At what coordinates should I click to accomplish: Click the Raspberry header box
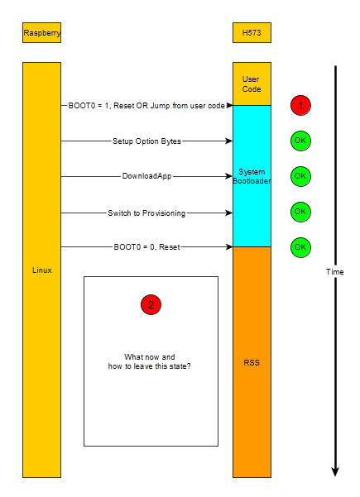click(x=41, y=33)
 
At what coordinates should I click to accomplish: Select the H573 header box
click(x=252, y=33)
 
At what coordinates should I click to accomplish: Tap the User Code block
click(x=252, y=84)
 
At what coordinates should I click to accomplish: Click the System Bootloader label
click(x=252, y=176)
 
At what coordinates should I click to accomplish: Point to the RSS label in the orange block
click(x=252, y=361)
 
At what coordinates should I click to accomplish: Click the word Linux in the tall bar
click(x=41, y=271)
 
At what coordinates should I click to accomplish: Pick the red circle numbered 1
click(x=300, y=106)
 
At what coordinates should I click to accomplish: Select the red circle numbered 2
click(x=151, y=304)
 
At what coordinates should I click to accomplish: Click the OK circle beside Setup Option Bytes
click(x=300, y=141)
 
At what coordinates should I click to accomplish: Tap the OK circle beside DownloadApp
click(x=300, y=176)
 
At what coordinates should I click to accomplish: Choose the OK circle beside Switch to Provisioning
click(x=300, y=212)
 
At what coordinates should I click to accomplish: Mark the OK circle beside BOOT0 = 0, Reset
click(x=300, y=246)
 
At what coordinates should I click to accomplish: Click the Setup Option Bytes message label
click(x=146, y=141)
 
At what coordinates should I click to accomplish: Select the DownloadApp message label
click(x=146, y=176)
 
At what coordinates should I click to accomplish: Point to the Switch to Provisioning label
click(x=146, y=212)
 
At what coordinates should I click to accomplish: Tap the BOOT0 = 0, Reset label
click(x=146, y=246)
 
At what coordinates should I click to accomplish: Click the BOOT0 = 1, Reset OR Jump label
click(x=146, y=106)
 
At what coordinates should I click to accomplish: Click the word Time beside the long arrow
click(x=334, y=271)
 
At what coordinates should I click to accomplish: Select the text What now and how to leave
click(x=151, y=361)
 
